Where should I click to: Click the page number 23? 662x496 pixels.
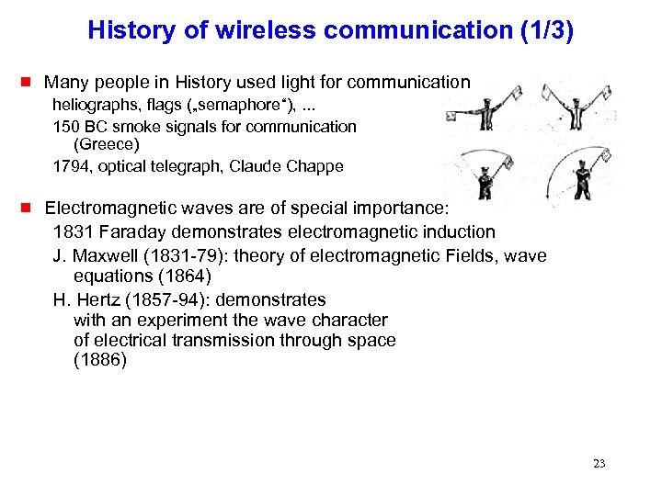(599, 464)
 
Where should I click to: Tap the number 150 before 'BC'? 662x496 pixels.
(66, 126)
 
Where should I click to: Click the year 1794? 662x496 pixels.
(70, 166)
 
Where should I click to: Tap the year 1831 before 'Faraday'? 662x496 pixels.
(72, 231)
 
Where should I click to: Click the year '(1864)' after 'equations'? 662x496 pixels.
(207, 276)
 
